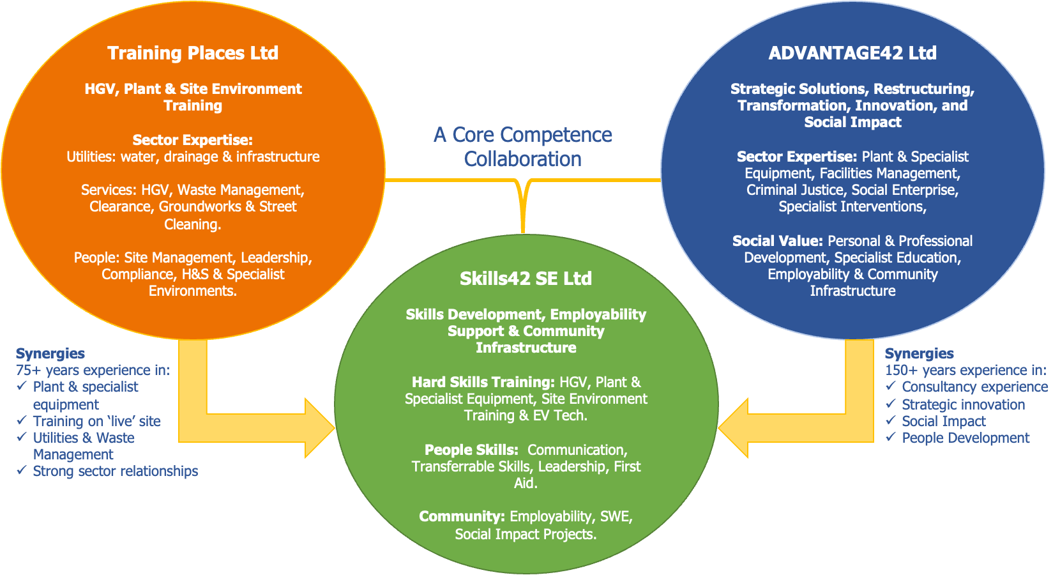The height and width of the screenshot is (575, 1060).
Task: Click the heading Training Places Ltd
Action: pos(193,53)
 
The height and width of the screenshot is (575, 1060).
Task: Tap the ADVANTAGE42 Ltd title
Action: pos(852,53)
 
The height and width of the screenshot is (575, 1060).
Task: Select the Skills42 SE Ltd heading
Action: pos(526,279)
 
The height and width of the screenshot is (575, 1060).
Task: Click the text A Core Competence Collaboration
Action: pos(523,147)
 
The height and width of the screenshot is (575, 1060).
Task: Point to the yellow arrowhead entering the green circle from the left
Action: pos(319,428)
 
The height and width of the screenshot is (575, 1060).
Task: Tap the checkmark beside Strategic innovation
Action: pos(891,404)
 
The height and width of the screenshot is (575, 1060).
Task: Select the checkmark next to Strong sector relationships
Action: pos(22,470)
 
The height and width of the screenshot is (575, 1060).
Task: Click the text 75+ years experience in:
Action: pos(93,370)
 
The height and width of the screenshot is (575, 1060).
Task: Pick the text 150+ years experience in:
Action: pos(965,370)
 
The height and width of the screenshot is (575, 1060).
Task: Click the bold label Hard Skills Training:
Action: pos(483,382)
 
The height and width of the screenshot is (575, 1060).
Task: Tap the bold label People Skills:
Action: pos(471,450)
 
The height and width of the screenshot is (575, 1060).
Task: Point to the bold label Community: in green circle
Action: pos(462,516)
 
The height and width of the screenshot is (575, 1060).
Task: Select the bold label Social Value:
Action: pos(777,241)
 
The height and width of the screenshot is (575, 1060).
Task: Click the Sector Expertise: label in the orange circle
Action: pos(193,140)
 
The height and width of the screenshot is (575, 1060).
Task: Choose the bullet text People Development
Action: pos(965,438)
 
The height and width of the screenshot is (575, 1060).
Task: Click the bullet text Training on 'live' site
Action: pos(96,421)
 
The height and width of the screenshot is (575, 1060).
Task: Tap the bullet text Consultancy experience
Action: pos(974,387)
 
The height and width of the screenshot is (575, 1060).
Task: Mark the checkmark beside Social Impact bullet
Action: pos(891,420)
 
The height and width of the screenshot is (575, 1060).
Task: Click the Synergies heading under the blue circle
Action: pos(919,353)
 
